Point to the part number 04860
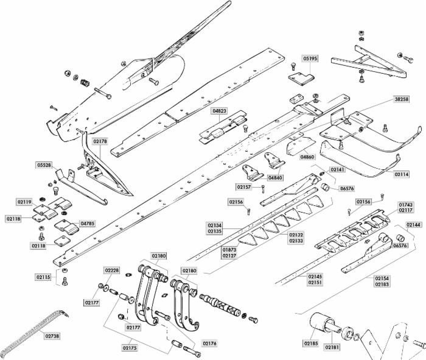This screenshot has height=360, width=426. [308, 157]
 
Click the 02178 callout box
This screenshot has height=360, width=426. [100, 141]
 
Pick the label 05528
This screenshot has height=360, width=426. [44, 165]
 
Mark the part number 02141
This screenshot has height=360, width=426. [337, 169]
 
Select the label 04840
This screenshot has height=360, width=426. [275, 177]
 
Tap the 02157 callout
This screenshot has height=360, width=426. [244, 186]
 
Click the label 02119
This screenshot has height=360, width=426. [25, 202]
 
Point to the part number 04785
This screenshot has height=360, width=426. [88, 224]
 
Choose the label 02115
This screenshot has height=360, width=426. [43, 277]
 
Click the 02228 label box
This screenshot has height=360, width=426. [111, 270]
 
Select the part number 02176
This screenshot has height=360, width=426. [209, 344]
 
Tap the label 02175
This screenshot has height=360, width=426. [130, 348]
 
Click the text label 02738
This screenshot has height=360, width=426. [52, 335]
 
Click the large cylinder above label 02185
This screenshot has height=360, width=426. [322, 323]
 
